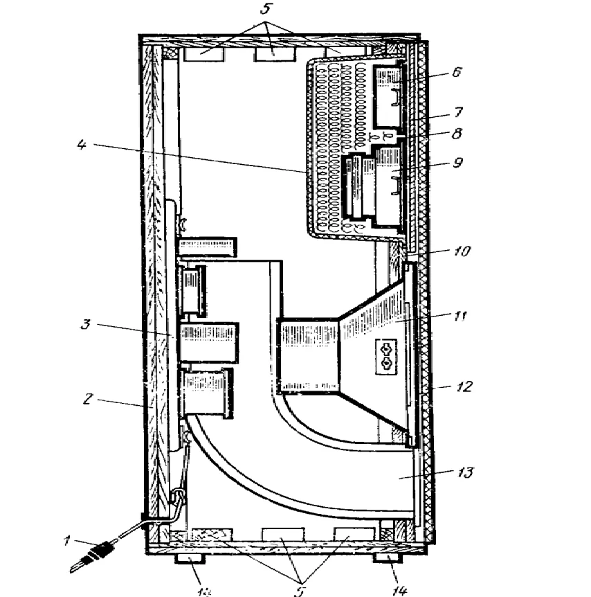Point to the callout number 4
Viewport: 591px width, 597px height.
click(x=82, y=145)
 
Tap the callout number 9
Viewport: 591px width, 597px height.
click(x=456, y=165)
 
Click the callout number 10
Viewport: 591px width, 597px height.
click(x=460, y=251)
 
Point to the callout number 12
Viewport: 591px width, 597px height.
click(x=463, y=386)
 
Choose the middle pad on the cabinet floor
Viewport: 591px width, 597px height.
click(x=282, y=534)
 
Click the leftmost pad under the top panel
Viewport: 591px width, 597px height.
click(x=203, y=53)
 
